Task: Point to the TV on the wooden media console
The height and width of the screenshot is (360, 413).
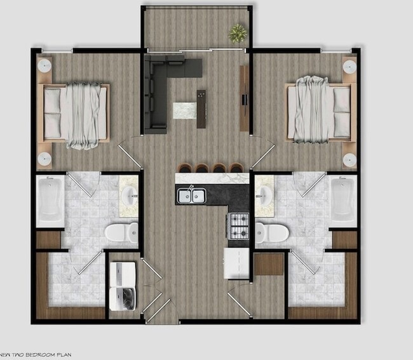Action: click(x=243, y=98)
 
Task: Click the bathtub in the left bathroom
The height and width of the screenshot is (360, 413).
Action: click(x=50, y=201)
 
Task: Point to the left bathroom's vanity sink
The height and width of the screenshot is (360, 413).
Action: click(x=130, y=194)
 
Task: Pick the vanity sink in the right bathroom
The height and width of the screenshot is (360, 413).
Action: click(x=264, y=194)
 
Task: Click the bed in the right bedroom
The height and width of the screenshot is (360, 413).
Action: click(x=319, y=109)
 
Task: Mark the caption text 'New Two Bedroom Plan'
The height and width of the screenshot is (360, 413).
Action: click(x=38, y=352)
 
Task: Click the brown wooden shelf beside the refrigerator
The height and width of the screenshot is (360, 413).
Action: click(x=269, y=264)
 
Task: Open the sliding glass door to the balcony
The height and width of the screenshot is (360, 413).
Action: click(x=197, y=49)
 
